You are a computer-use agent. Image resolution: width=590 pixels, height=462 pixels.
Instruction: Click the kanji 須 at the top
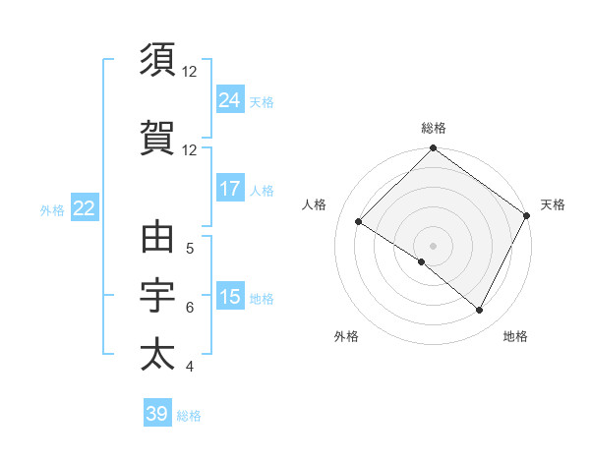[158, 60]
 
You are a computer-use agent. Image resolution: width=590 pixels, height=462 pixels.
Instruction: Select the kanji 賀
[158, 139]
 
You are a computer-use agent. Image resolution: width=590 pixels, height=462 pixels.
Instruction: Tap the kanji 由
[158, 238]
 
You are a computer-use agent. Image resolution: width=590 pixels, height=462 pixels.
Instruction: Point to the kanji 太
[158, 355]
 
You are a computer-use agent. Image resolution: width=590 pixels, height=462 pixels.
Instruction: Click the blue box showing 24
[230, 99]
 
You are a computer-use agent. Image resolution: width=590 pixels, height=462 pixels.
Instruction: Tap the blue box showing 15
[230, 297]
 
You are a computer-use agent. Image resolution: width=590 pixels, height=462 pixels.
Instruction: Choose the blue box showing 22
[85, 208]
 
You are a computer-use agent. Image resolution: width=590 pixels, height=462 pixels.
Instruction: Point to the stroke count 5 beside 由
[190, 249]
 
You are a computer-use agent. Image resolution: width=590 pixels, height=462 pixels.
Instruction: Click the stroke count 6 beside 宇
[190, 308]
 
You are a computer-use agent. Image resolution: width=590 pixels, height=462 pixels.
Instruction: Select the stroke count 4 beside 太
[190, 367]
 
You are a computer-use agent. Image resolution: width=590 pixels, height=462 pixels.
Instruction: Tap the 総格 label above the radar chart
[434, 128]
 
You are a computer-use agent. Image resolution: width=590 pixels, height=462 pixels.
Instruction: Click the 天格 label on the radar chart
[553, 204]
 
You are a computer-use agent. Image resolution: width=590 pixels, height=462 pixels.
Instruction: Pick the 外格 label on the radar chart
[346, 337]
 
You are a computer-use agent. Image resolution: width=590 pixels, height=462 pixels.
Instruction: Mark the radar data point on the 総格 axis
[434, 148]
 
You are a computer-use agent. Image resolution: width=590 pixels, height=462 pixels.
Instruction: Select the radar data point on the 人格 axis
[359, 221]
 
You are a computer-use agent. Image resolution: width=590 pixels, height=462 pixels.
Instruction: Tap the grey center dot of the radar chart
[433, 245]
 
